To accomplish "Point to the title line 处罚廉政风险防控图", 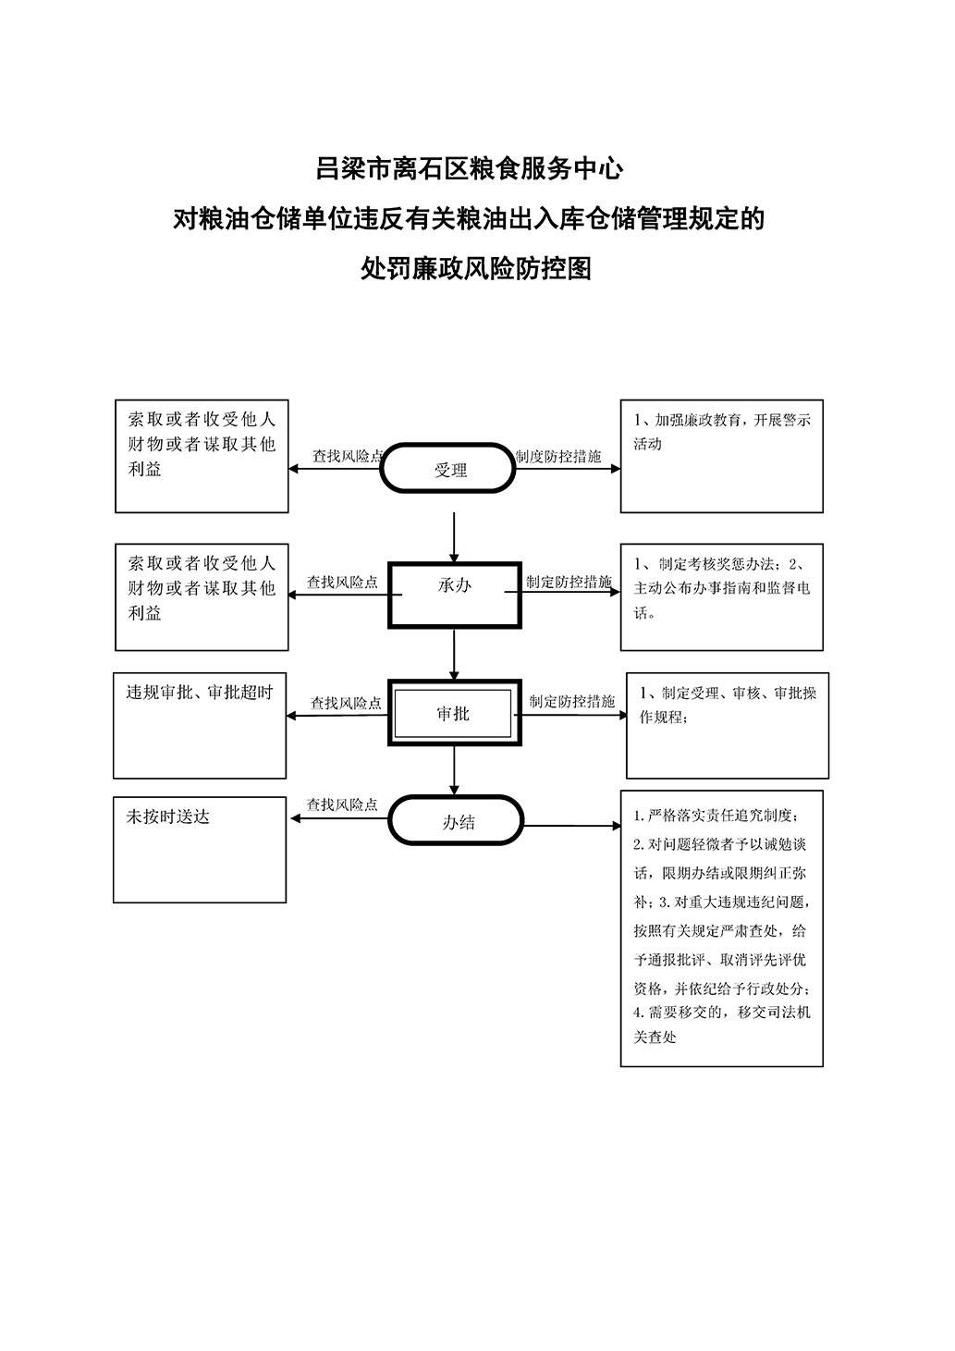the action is tap(476, 268).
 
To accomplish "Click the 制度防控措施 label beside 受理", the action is tap(558, 456).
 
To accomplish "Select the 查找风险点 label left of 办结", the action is tap(342, 804).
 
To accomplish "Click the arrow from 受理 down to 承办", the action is tap(454, 537).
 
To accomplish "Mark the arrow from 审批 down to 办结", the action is tap(454, 771).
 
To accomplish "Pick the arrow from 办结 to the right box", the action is tap(571, 825).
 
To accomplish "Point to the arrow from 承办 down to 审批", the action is tap(454, 655).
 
